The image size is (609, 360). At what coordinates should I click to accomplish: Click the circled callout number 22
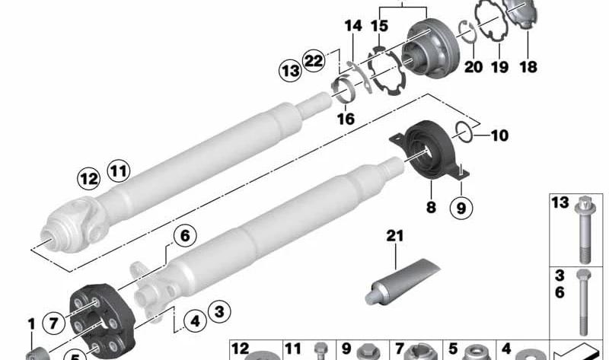click(x=314, y=61)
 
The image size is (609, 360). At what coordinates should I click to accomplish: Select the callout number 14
click(x=353, y=26)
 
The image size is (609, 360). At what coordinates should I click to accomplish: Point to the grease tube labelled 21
click(x=403, y=281)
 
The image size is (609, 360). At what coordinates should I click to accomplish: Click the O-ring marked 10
click(x=464, y=132)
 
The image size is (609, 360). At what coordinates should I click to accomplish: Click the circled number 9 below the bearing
click(x=461, y=208)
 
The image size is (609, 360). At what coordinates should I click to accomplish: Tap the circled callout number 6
click(x=185, y=236)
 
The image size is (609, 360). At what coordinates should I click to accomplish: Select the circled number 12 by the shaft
click(x=89, y=179)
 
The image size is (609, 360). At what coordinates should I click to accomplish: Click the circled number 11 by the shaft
click(x=119, y=171)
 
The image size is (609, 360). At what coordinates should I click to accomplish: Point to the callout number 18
click(x=528, y=67)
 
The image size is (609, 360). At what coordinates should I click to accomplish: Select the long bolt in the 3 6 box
click(x=583, y=302)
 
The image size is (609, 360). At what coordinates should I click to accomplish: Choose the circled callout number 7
click(x=53, y=323)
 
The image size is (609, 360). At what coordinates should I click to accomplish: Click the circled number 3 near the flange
click(x=219, y=311)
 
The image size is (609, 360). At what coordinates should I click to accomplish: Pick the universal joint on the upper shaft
click(x=74, y=224)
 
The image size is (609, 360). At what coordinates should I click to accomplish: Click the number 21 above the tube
click(x=395, y=236)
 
